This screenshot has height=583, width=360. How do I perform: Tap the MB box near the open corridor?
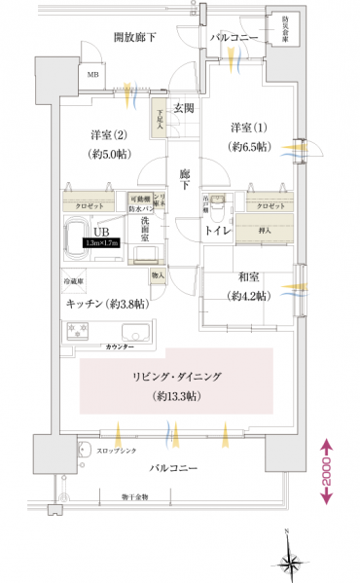coord(93,74)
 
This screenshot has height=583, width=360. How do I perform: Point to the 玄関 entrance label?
coord(185,108)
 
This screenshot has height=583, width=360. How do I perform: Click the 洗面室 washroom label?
coord(142,228)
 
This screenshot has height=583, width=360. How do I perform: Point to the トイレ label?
coord(216,232)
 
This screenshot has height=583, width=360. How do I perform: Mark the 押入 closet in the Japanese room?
coord(265,231)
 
